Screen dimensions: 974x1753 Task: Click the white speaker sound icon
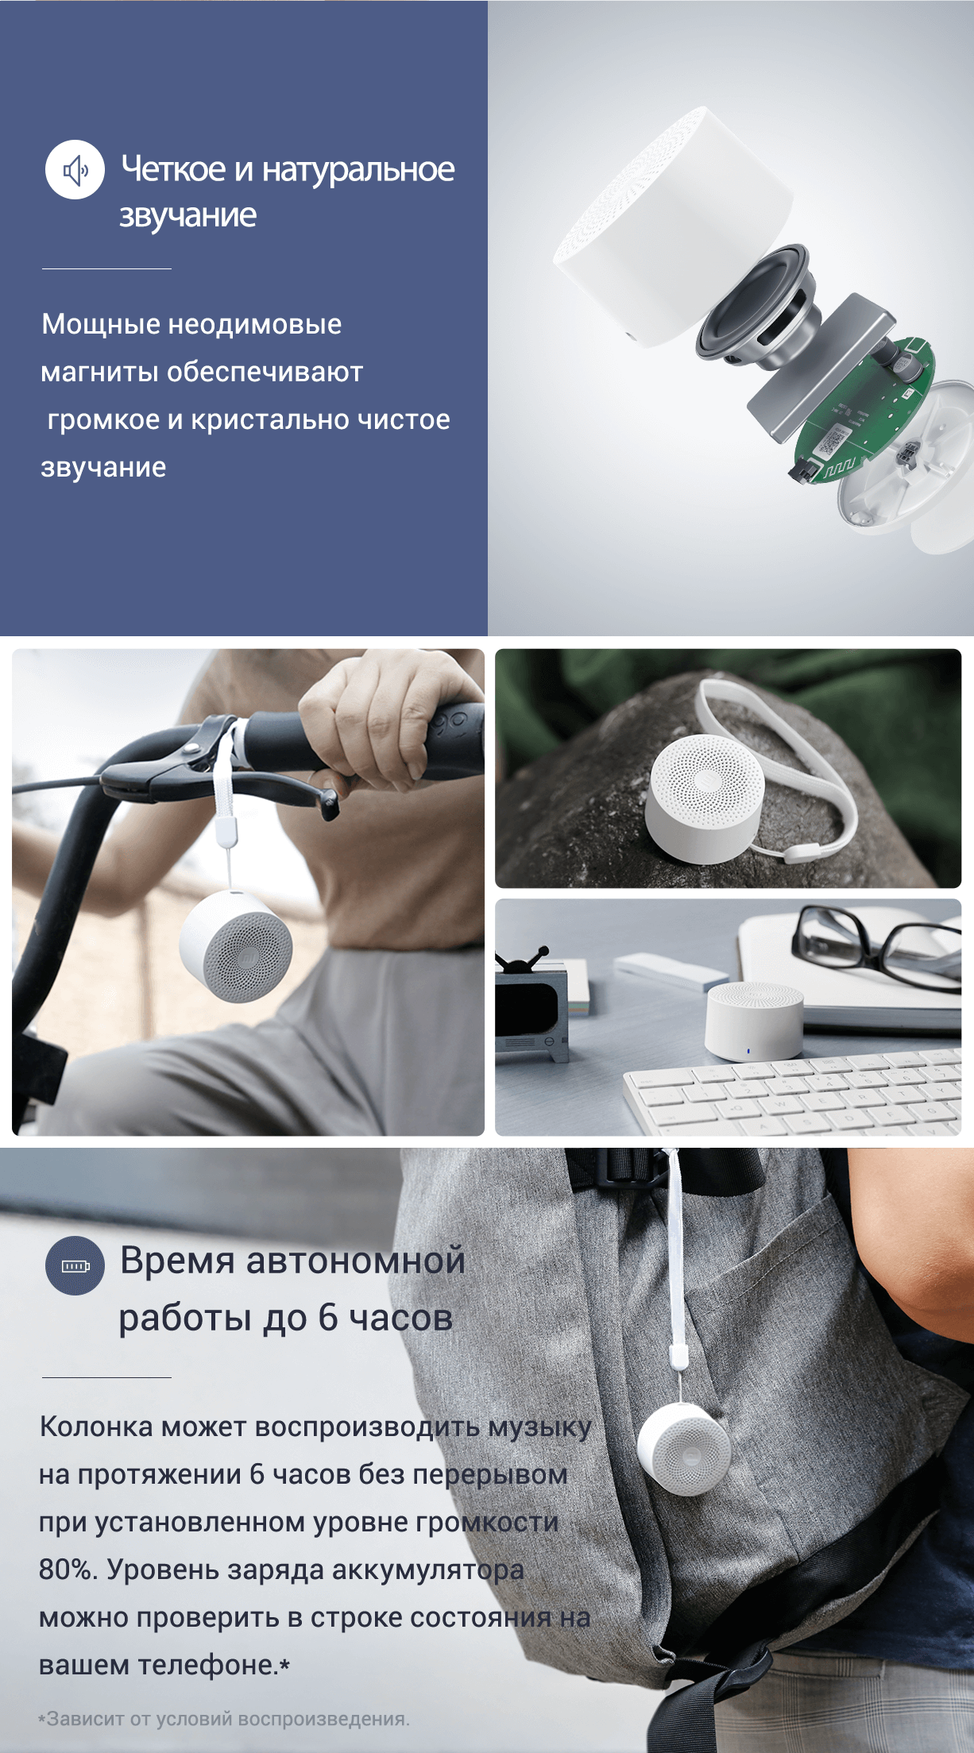(x=75, y=169)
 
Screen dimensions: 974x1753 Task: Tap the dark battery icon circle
(x=75, y=1265)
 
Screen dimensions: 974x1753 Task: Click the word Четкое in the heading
(x=173, y=168)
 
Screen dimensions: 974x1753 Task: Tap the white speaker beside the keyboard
(x=754, y=1020)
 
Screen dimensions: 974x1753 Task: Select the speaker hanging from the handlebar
(x=236, y=946)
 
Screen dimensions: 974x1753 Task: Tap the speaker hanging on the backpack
(x=684, y=1449)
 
